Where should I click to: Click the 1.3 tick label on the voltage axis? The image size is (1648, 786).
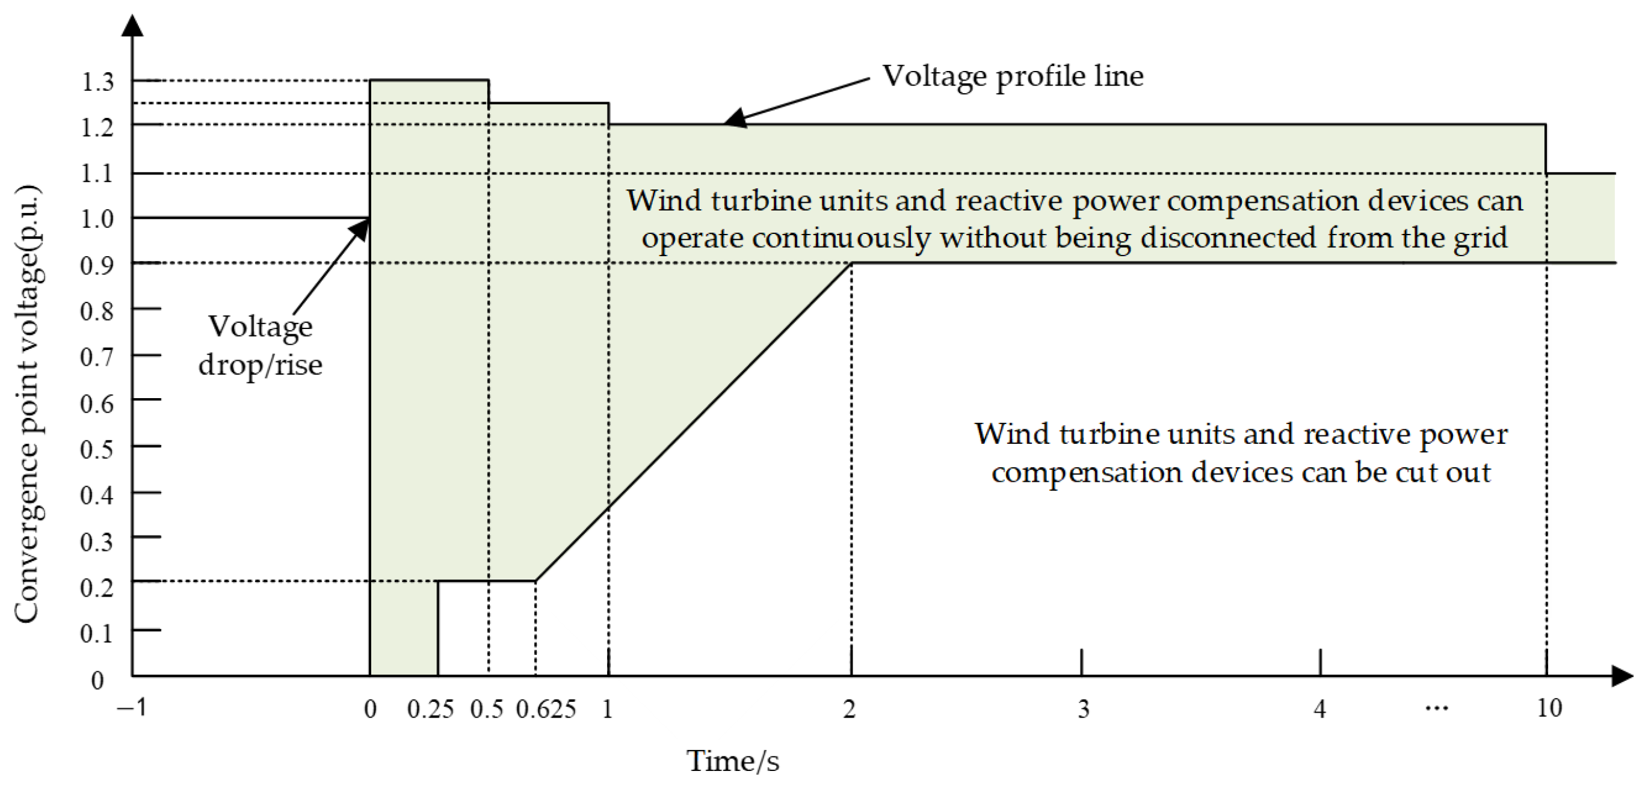coord(97,82)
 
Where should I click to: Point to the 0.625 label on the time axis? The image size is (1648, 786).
coord(546,709)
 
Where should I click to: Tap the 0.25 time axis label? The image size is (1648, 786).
coord(430,709)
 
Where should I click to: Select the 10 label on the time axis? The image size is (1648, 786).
coord(1549,708)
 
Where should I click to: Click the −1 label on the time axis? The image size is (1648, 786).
coord(132,708)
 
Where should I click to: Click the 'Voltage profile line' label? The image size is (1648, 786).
coord(1013,76)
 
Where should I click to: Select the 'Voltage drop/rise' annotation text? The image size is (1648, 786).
coord(261,345)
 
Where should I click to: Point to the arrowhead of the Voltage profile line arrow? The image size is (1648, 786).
coord(734,118)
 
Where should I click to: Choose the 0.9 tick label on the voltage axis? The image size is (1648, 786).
coord(97,265)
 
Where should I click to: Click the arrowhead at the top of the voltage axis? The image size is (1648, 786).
coord(132,26)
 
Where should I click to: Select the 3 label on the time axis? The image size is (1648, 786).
coord(1082,709)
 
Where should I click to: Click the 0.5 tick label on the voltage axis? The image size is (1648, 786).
coord(97,450)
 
